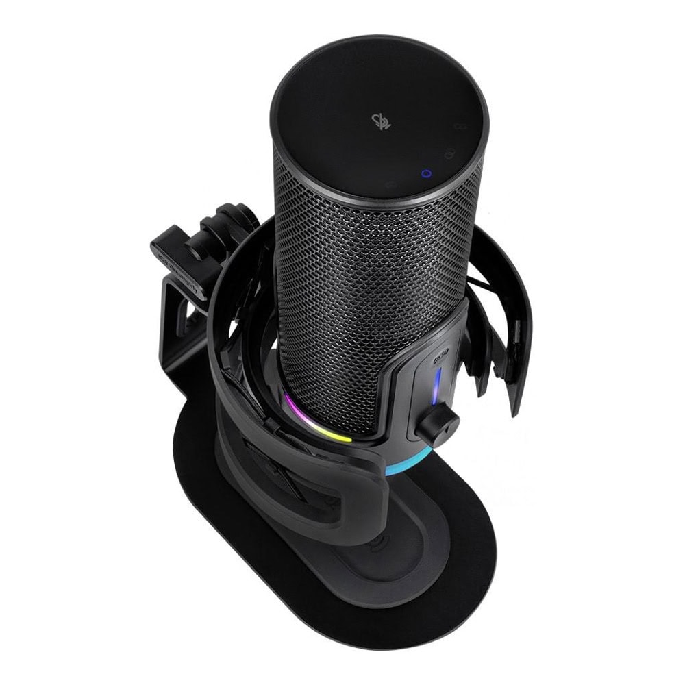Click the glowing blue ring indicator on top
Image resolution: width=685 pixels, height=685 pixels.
(x=426, y=173)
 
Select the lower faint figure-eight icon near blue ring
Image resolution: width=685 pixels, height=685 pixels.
(x=450, y=152)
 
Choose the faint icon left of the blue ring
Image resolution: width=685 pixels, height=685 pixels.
(x=390, y=184)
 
